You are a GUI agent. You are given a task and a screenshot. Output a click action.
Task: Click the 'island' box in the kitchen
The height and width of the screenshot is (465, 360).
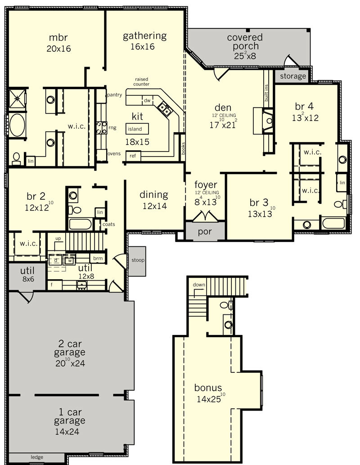click(137, 129)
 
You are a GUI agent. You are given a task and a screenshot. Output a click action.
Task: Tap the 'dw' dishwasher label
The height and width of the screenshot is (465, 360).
click(147, 101)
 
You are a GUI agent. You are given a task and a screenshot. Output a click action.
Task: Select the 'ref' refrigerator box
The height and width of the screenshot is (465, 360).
click(133, 156)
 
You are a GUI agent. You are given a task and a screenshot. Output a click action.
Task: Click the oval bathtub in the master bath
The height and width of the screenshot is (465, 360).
click(17, 125)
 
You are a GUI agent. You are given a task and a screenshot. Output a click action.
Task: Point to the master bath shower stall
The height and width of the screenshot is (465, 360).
click(17, 99)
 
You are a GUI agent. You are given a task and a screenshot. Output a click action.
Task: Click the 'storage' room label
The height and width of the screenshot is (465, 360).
click(293, 76)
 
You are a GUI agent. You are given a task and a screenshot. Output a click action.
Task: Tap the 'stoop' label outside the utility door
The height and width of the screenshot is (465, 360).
click(138, 260)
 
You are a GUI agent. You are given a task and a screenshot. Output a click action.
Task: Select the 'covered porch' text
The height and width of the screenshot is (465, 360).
click(245, 41)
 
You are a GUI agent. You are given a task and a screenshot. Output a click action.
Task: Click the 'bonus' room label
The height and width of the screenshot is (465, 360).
click(208, 388)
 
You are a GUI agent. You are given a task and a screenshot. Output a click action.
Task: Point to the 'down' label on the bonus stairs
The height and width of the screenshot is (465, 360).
click(199, 285)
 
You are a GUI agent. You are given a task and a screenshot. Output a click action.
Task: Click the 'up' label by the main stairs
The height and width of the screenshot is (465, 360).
click(58, 238)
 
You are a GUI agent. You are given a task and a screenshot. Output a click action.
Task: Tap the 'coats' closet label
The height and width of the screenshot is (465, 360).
click(108, 224)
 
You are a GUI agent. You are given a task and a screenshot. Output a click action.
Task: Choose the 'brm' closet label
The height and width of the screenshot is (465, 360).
click(98, 258)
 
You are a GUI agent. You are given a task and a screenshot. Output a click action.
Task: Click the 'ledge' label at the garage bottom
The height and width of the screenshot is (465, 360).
click(37, 457)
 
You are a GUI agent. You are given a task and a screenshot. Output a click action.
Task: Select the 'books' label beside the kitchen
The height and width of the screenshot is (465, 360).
click(184, 148)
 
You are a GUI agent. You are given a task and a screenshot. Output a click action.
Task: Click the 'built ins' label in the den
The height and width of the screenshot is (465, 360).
click(266, 93)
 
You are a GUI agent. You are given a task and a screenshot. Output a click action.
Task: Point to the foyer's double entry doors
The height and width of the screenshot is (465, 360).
click(205, 216)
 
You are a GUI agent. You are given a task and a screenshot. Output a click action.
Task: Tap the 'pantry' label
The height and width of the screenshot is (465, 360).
click(115, 95)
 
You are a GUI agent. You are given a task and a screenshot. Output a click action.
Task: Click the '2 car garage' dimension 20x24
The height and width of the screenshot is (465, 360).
click(70, 362)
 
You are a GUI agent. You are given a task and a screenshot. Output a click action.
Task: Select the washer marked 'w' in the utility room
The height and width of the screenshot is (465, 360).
click(70, 260)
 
